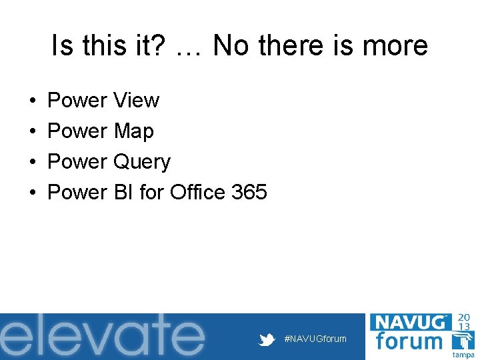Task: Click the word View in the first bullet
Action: [x=136, y=101]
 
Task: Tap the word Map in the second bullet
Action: [x=133, y=131]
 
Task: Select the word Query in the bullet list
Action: [x=142, y=162]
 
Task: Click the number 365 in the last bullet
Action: [x=249, y=193]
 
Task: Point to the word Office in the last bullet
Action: [x=197, y=193]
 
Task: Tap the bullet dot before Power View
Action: [x=33, y=101]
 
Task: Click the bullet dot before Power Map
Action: [x=33, y=132]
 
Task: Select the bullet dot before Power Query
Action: [x=33, y=163]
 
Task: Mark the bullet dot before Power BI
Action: [x=33, y=193]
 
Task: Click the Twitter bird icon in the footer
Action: [x=267, y=339]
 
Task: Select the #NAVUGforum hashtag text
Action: [x=315, y=339]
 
